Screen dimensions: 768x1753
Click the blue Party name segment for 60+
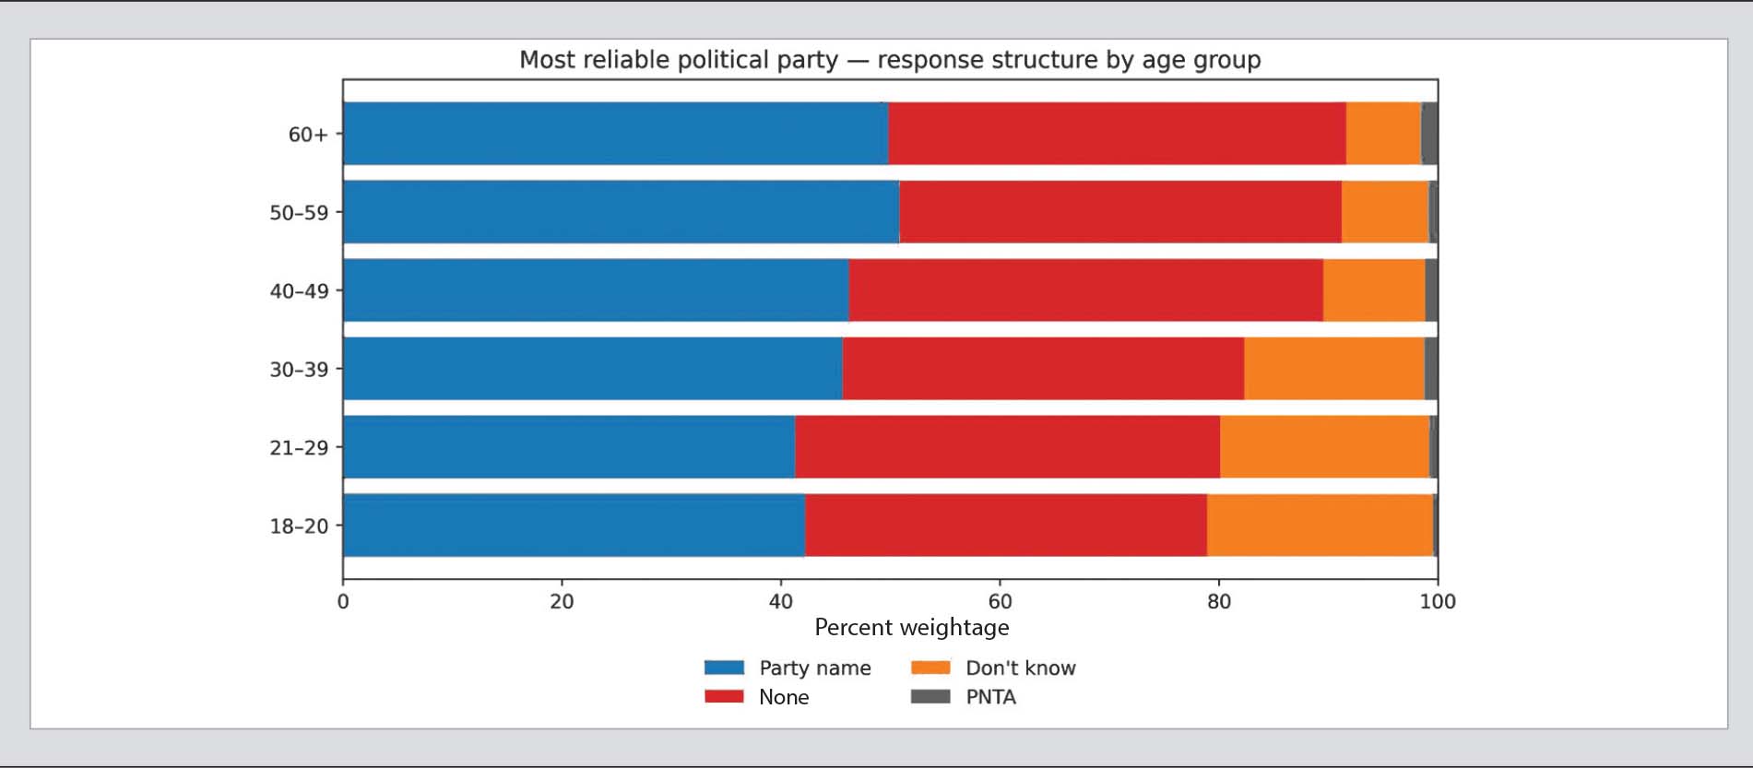[615, 134]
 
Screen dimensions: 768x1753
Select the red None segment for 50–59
[1119, 212]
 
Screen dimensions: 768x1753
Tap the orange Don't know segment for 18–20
[1320, 526]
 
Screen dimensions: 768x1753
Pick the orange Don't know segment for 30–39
[1333, 369]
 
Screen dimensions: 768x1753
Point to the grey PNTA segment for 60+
[1429, 134]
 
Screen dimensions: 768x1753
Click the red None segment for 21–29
[1007, 447]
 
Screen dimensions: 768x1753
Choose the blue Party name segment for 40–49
[596, 290]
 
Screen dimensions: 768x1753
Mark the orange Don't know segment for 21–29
[1324, 447]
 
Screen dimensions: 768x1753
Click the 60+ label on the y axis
[308, 135]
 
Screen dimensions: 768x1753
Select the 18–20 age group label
[299, 526]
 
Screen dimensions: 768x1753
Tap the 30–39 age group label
[299, 370]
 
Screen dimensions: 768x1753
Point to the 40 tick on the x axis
[780, 602]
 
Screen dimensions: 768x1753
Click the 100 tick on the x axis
[1437, 602]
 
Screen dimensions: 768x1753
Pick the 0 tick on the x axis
[343, 602]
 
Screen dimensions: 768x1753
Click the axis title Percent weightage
[911, 628]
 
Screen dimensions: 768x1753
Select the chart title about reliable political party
[890, 60]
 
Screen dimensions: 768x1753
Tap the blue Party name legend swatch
[724, 668]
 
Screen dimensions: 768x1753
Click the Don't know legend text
[1020, 668]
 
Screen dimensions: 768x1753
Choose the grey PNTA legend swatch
[930, 697]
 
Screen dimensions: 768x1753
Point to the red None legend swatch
[724, 697]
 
